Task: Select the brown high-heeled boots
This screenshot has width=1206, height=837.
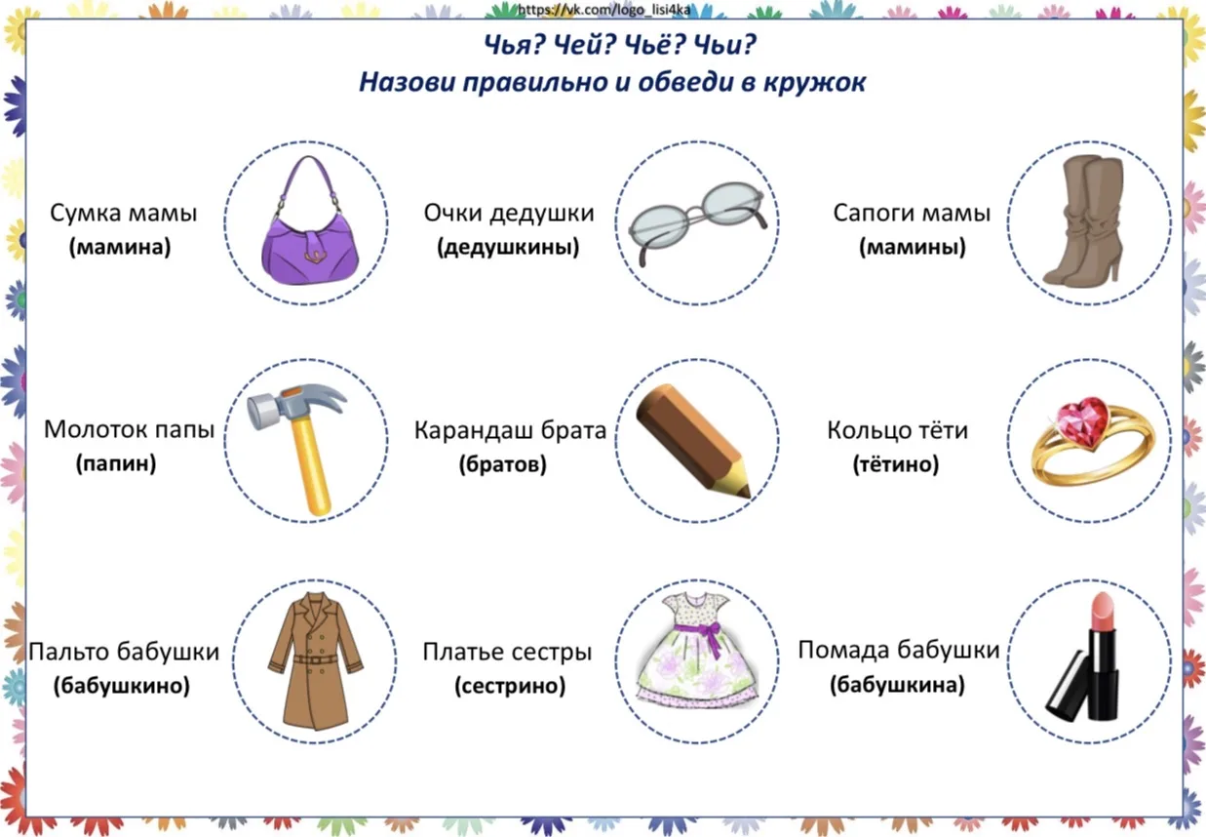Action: point(1083,219)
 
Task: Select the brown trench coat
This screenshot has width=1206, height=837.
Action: point(316,661)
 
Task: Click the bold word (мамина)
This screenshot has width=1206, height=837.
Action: point(120,247)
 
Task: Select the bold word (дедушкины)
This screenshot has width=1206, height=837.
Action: point(508,247)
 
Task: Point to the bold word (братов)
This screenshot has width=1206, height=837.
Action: point(502,463)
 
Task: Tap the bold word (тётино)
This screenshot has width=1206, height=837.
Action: point(896,463)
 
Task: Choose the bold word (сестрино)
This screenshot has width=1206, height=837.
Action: point(510,686)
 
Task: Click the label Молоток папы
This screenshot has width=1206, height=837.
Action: point(130,429)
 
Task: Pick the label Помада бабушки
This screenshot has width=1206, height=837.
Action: point(899,650)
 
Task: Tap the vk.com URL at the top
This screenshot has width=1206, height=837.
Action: point(603,9)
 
